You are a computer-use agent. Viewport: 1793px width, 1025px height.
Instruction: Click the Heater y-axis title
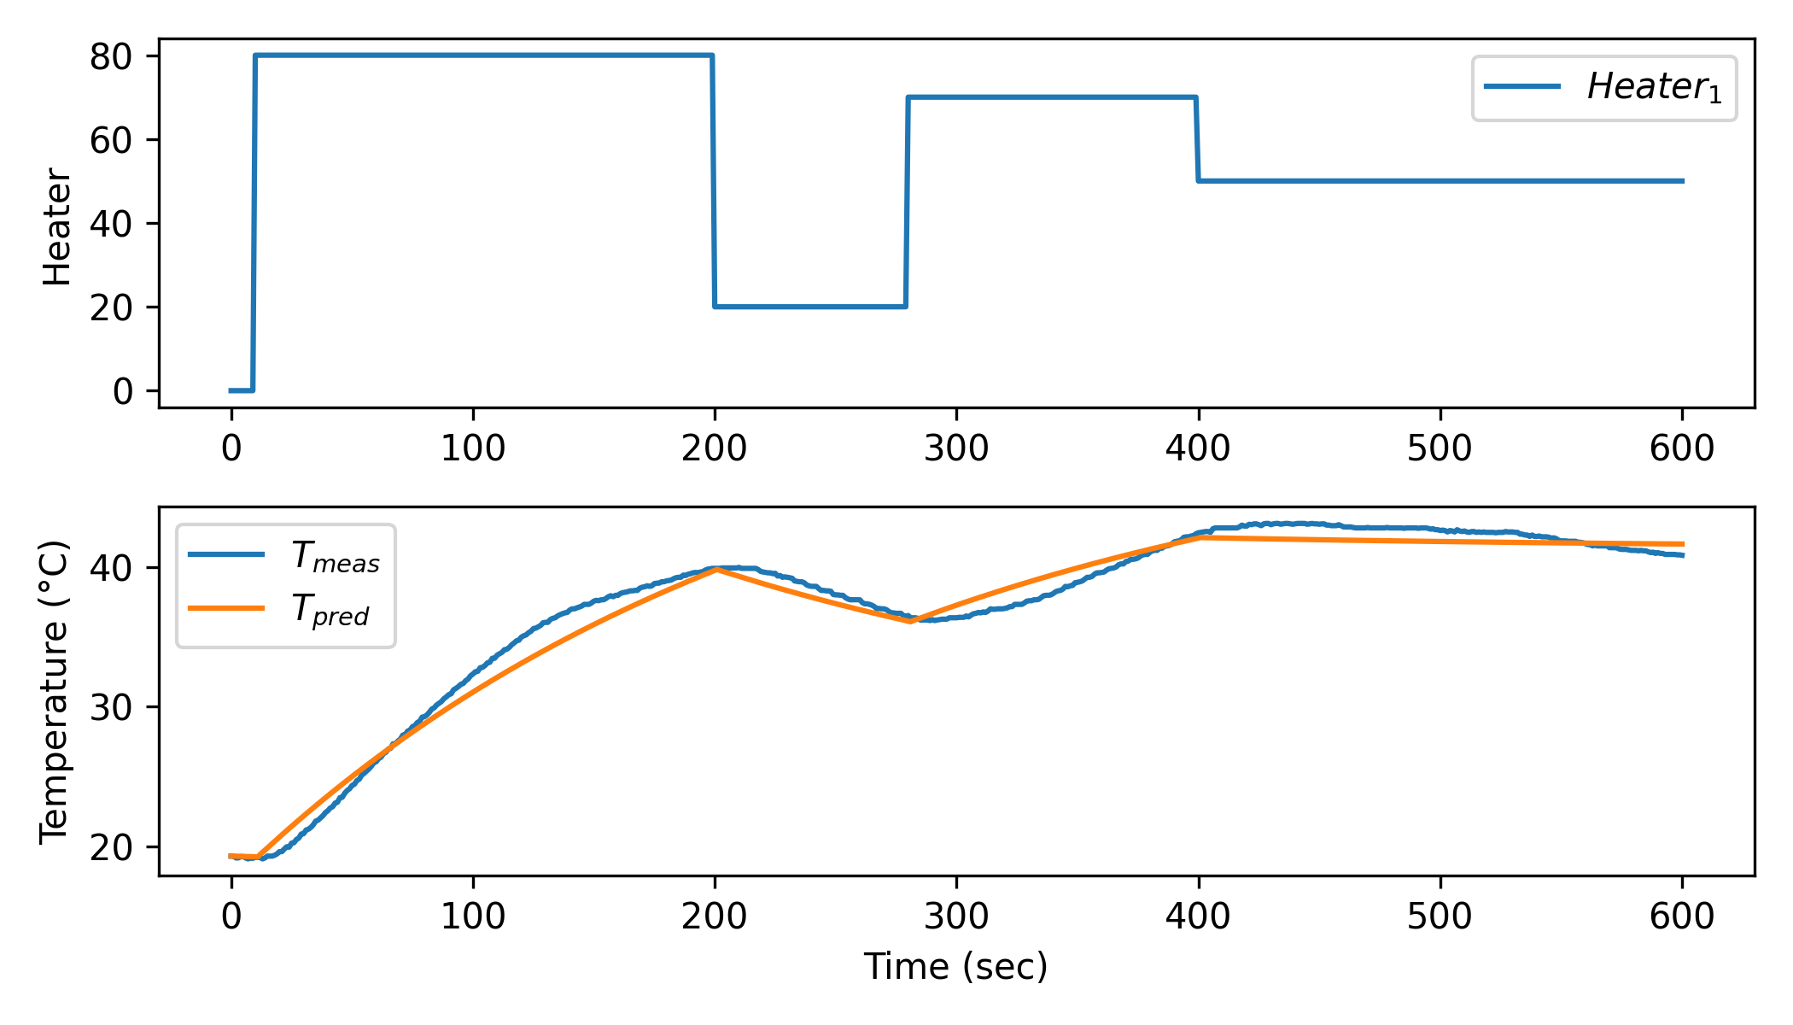tap(57, 226)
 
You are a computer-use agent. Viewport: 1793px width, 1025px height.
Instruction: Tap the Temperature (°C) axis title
tap(54, 692)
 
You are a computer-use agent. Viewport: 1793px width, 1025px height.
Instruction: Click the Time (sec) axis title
tap(955, 967)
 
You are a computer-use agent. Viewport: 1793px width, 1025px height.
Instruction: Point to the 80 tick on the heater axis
tap(112, 56)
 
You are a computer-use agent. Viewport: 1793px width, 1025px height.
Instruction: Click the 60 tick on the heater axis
tap(112, 140)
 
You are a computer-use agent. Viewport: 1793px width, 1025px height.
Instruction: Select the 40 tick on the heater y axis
tap(112, 224)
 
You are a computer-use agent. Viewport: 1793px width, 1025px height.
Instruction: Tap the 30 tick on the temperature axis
tap(112, 707)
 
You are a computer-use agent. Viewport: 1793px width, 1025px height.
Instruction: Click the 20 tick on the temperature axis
tap(112, 847)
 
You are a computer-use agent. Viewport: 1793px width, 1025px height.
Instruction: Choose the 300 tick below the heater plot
tap(956, 448)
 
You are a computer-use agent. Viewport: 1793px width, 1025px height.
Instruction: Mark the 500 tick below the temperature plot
tap(1440, 917)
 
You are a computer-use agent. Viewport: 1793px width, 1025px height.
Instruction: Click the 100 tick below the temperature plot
tap(472, 917)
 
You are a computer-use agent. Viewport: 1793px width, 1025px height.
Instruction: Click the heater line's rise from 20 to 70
tap(907, 202)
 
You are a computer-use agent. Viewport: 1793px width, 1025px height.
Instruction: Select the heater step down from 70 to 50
tap(1197, 139)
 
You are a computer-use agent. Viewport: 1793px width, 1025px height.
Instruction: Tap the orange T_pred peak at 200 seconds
tap(715, 569)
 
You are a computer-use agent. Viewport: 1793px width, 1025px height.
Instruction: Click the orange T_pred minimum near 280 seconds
tap(910, 621)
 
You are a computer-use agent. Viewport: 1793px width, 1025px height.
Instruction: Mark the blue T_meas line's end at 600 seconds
tap(1682, 555)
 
